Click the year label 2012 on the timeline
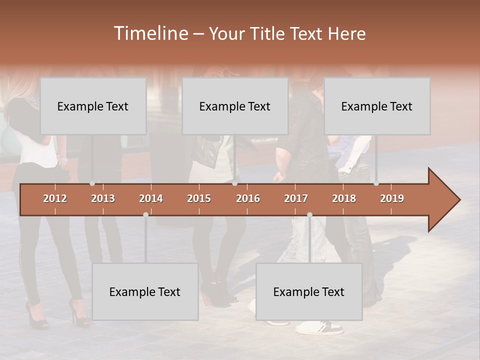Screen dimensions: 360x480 coord(55,198)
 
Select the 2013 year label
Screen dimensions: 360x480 coord(103,198)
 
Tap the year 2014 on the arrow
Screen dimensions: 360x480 coord(151,198)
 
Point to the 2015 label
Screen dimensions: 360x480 coord(199,198)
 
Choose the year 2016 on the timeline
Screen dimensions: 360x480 coord(248,198)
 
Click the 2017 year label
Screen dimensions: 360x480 coord(296,198)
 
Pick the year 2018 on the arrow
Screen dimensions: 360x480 coord(344,198)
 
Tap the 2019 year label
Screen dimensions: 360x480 coord(392,198)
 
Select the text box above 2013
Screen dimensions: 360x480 coord(93,106)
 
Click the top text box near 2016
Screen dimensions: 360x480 coord(235,106)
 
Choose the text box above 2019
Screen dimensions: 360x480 coord(377,106)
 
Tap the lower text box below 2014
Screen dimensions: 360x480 coord(145,291)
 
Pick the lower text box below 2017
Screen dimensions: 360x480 coord(309,291)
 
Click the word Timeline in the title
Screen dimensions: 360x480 coord(150,33)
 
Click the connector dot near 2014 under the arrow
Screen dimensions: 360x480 coord(145,214)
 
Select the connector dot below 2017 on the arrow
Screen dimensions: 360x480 coord(309,214)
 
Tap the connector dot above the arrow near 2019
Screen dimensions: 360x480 coord(376,183)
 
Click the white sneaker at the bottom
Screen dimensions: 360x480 coord(320,328)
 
